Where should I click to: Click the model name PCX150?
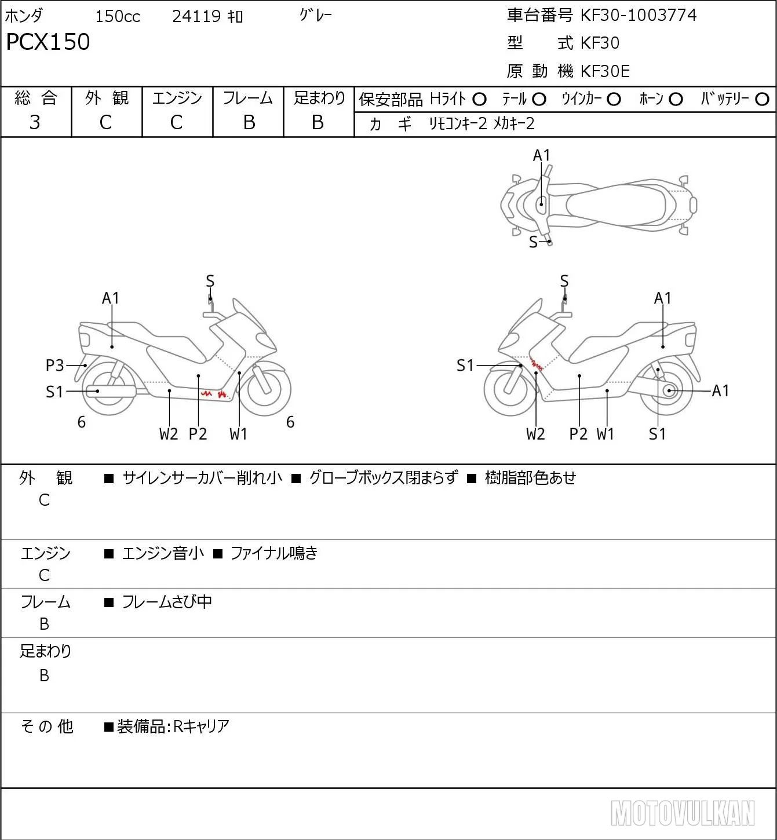(x=48, y=42)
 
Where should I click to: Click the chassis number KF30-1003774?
(x=638, y=15)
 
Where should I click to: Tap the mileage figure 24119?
(x=196, y=16)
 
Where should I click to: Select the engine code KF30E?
(x=605, y=71)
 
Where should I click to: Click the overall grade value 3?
(x=35, y=122)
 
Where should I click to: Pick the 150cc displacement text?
(x=118, y=16)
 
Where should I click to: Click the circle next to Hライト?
(x=479, y=100)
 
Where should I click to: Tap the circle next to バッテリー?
(x=762, y=99)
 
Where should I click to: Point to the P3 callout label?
(x=54, y=365)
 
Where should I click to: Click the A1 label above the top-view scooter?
(x=541, y=155)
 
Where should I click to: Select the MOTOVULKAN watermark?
(x=683, y=813)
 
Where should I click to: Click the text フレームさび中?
(x=167, y=601)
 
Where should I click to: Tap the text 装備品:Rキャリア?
(x=173, y=726)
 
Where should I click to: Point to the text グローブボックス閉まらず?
(x=384, y=477)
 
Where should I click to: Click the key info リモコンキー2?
(x=458, y=123)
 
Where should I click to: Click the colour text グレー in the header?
(x=316, y=15)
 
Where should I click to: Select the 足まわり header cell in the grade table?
(x=319, y=98)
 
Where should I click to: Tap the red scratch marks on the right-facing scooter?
(x=214, y=395)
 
